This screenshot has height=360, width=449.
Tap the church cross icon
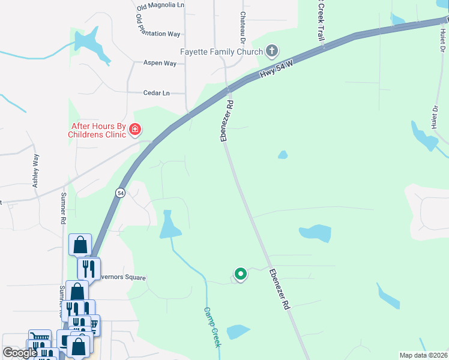tap(272, 51)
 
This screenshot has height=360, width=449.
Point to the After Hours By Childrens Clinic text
tap(99, 130)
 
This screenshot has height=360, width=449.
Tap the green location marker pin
tap(240, 274)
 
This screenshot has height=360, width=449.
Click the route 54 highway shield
tap(120, 193)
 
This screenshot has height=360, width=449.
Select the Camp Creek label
tap(212, 328)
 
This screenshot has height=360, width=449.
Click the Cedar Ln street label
tap(156, 93)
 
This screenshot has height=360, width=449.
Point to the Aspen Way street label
tap(159, 62)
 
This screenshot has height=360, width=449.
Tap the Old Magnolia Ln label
tap(160, 6)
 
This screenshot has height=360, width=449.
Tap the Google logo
tap(20, 353)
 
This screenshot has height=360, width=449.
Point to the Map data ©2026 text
tap(423, 355)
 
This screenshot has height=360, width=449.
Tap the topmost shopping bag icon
tap(80, 245)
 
